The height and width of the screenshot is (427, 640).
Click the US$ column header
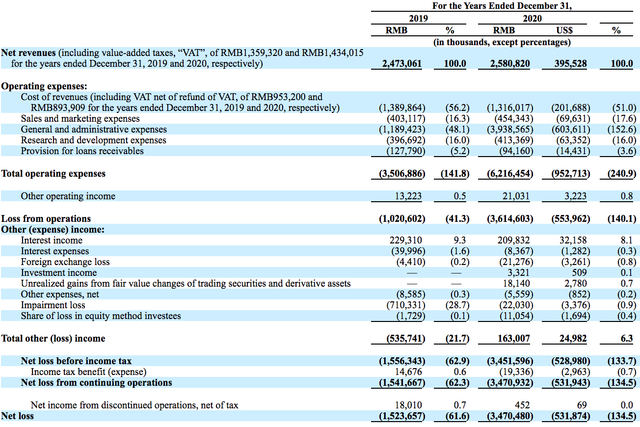(564, 30)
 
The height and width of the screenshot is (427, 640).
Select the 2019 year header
(418, 19)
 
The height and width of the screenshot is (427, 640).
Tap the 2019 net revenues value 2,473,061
(401, 64)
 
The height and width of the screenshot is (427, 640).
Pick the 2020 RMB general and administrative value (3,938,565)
(510, 130)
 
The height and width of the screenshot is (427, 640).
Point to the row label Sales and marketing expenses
(80, 119)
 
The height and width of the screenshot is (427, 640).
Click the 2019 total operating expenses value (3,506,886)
(401, 174)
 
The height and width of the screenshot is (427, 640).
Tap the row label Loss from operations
(46, 219)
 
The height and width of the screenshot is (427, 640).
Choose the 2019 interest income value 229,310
(405, 240)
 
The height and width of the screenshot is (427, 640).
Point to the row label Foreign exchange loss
(65, 262)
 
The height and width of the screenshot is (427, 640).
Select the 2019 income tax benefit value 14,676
(408, 372)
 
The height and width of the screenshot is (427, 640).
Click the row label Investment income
(59, 273)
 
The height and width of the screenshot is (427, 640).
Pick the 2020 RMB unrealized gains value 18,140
(516, 284)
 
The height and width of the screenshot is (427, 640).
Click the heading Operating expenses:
(44, 86)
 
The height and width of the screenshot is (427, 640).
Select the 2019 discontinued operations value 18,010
(408, 405)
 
